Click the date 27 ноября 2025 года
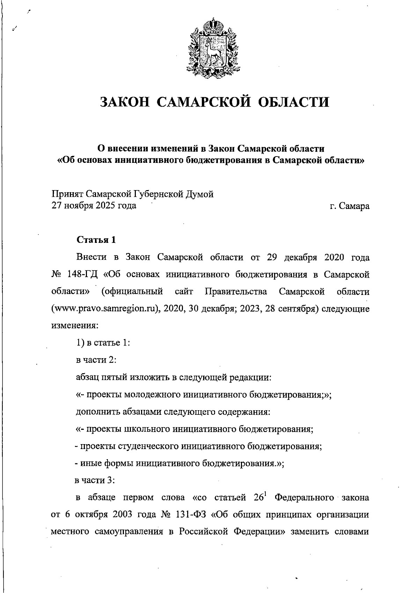[94, 205]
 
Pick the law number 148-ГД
[81, 274]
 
